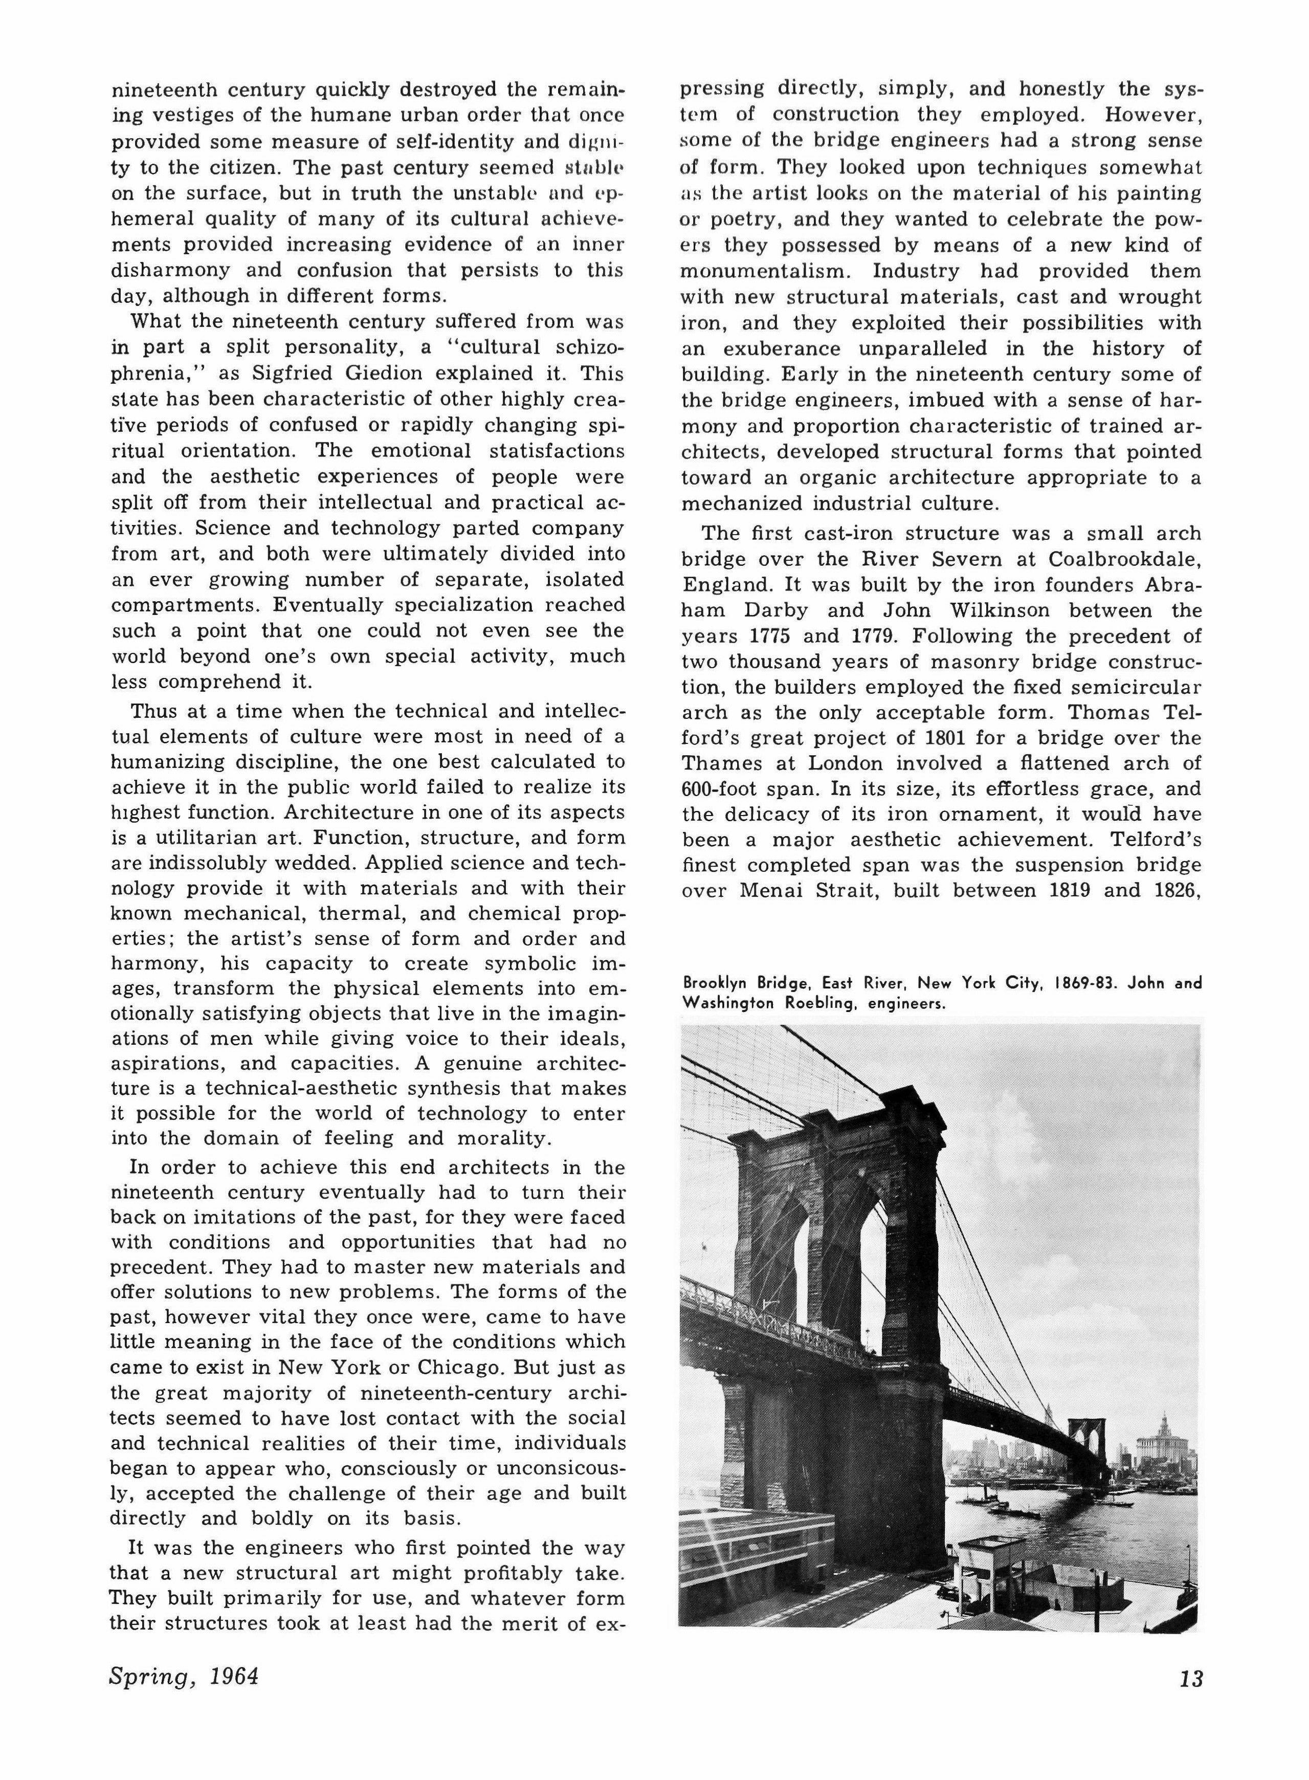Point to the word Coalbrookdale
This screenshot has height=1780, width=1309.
pos(1124,560)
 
